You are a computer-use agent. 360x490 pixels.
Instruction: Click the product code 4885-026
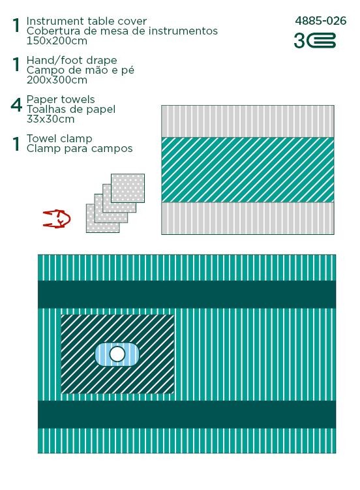point(321,21)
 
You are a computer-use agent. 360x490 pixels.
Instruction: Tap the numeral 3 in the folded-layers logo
point(299,40)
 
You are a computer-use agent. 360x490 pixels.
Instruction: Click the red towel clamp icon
point(57,219)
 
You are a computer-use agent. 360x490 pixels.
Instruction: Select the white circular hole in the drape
point(117,354)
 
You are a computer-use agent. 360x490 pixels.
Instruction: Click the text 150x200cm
point(57,41)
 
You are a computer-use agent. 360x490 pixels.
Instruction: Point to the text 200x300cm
point(57,80)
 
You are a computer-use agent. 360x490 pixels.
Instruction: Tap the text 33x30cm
point(51,119)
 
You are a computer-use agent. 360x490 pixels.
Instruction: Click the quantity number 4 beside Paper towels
point(16,105)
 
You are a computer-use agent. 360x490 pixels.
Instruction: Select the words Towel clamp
point(59,138)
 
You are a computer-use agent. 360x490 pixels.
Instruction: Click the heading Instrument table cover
point(87,21)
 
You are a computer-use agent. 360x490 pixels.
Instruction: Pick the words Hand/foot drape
point(72,60)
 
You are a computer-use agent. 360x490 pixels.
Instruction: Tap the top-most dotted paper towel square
point(128,188)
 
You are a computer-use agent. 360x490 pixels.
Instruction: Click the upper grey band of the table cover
point(248,121)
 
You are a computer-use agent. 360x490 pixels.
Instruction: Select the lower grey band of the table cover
point(248,218)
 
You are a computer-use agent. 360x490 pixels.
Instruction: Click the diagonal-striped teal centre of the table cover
point(248,170)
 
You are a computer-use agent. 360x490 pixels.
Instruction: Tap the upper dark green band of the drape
point(187,294)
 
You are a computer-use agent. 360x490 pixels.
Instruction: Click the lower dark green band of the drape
point(187,414)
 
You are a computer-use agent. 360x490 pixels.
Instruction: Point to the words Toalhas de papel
point(71,110)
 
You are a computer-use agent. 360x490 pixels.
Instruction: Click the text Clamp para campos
point(80,149)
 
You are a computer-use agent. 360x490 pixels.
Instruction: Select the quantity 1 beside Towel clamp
point(16,144)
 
